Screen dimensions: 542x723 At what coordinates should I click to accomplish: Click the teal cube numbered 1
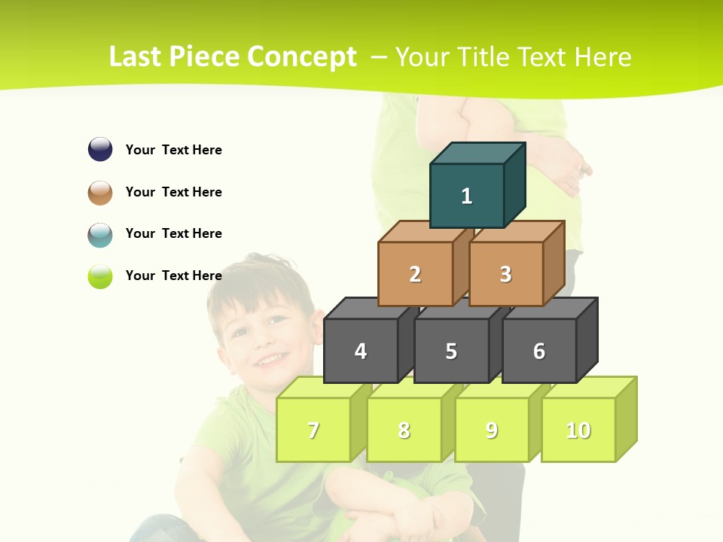pyautogui.click(x=467, y=196)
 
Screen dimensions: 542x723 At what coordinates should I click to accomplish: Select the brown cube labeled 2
pyautogui.click(x=415, y=274)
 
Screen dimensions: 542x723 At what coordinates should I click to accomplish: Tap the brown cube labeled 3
pyautogui.click(x=505, y=274)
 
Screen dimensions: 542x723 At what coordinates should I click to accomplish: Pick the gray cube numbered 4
pyautogui.click(x=361, y=351)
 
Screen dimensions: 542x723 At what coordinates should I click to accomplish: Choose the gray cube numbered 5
pyautogui.click(x=451, y=351)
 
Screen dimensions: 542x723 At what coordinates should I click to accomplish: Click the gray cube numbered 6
pyautogui.click(x=539, y=351)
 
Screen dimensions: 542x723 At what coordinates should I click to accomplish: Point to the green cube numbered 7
pyautogui.click(x=313, y=430)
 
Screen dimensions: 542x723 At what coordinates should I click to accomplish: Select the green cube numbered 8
pyautogui.click(x=404, y=430)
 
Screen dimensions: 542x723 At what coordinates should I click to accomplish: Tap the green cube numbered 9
pyautogui.click(x=491, y=430)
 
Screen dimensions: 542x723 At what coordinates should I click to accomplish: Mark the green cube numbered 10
pyautogui.click(x=578, y=430)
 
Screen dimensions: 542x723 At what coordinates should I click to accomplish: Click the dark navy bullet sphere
pyautogui.click(x=100, y=149)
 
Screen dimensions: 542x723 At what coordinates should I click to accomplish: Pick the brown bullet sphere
pyautogui.click(x=100, y=192)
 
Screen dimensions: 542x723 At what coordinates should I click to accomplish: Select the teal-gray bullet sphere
pyautogui.click(x=100, y=234)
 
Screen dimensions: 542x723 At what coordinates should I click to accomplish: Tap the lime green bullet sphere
pyautogui.click(x=100, y=276)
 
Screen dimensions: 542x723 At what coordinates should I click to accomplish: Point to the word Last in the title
pyautogui.click(x=135, y=57)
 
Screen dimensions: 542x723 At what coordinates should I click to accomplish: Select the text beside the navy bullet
pyautogui.click(x=174, y=150)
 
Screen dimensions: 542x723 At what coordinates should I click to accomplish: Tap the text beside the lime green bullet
pyautogui.click(x=174, y=276)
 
